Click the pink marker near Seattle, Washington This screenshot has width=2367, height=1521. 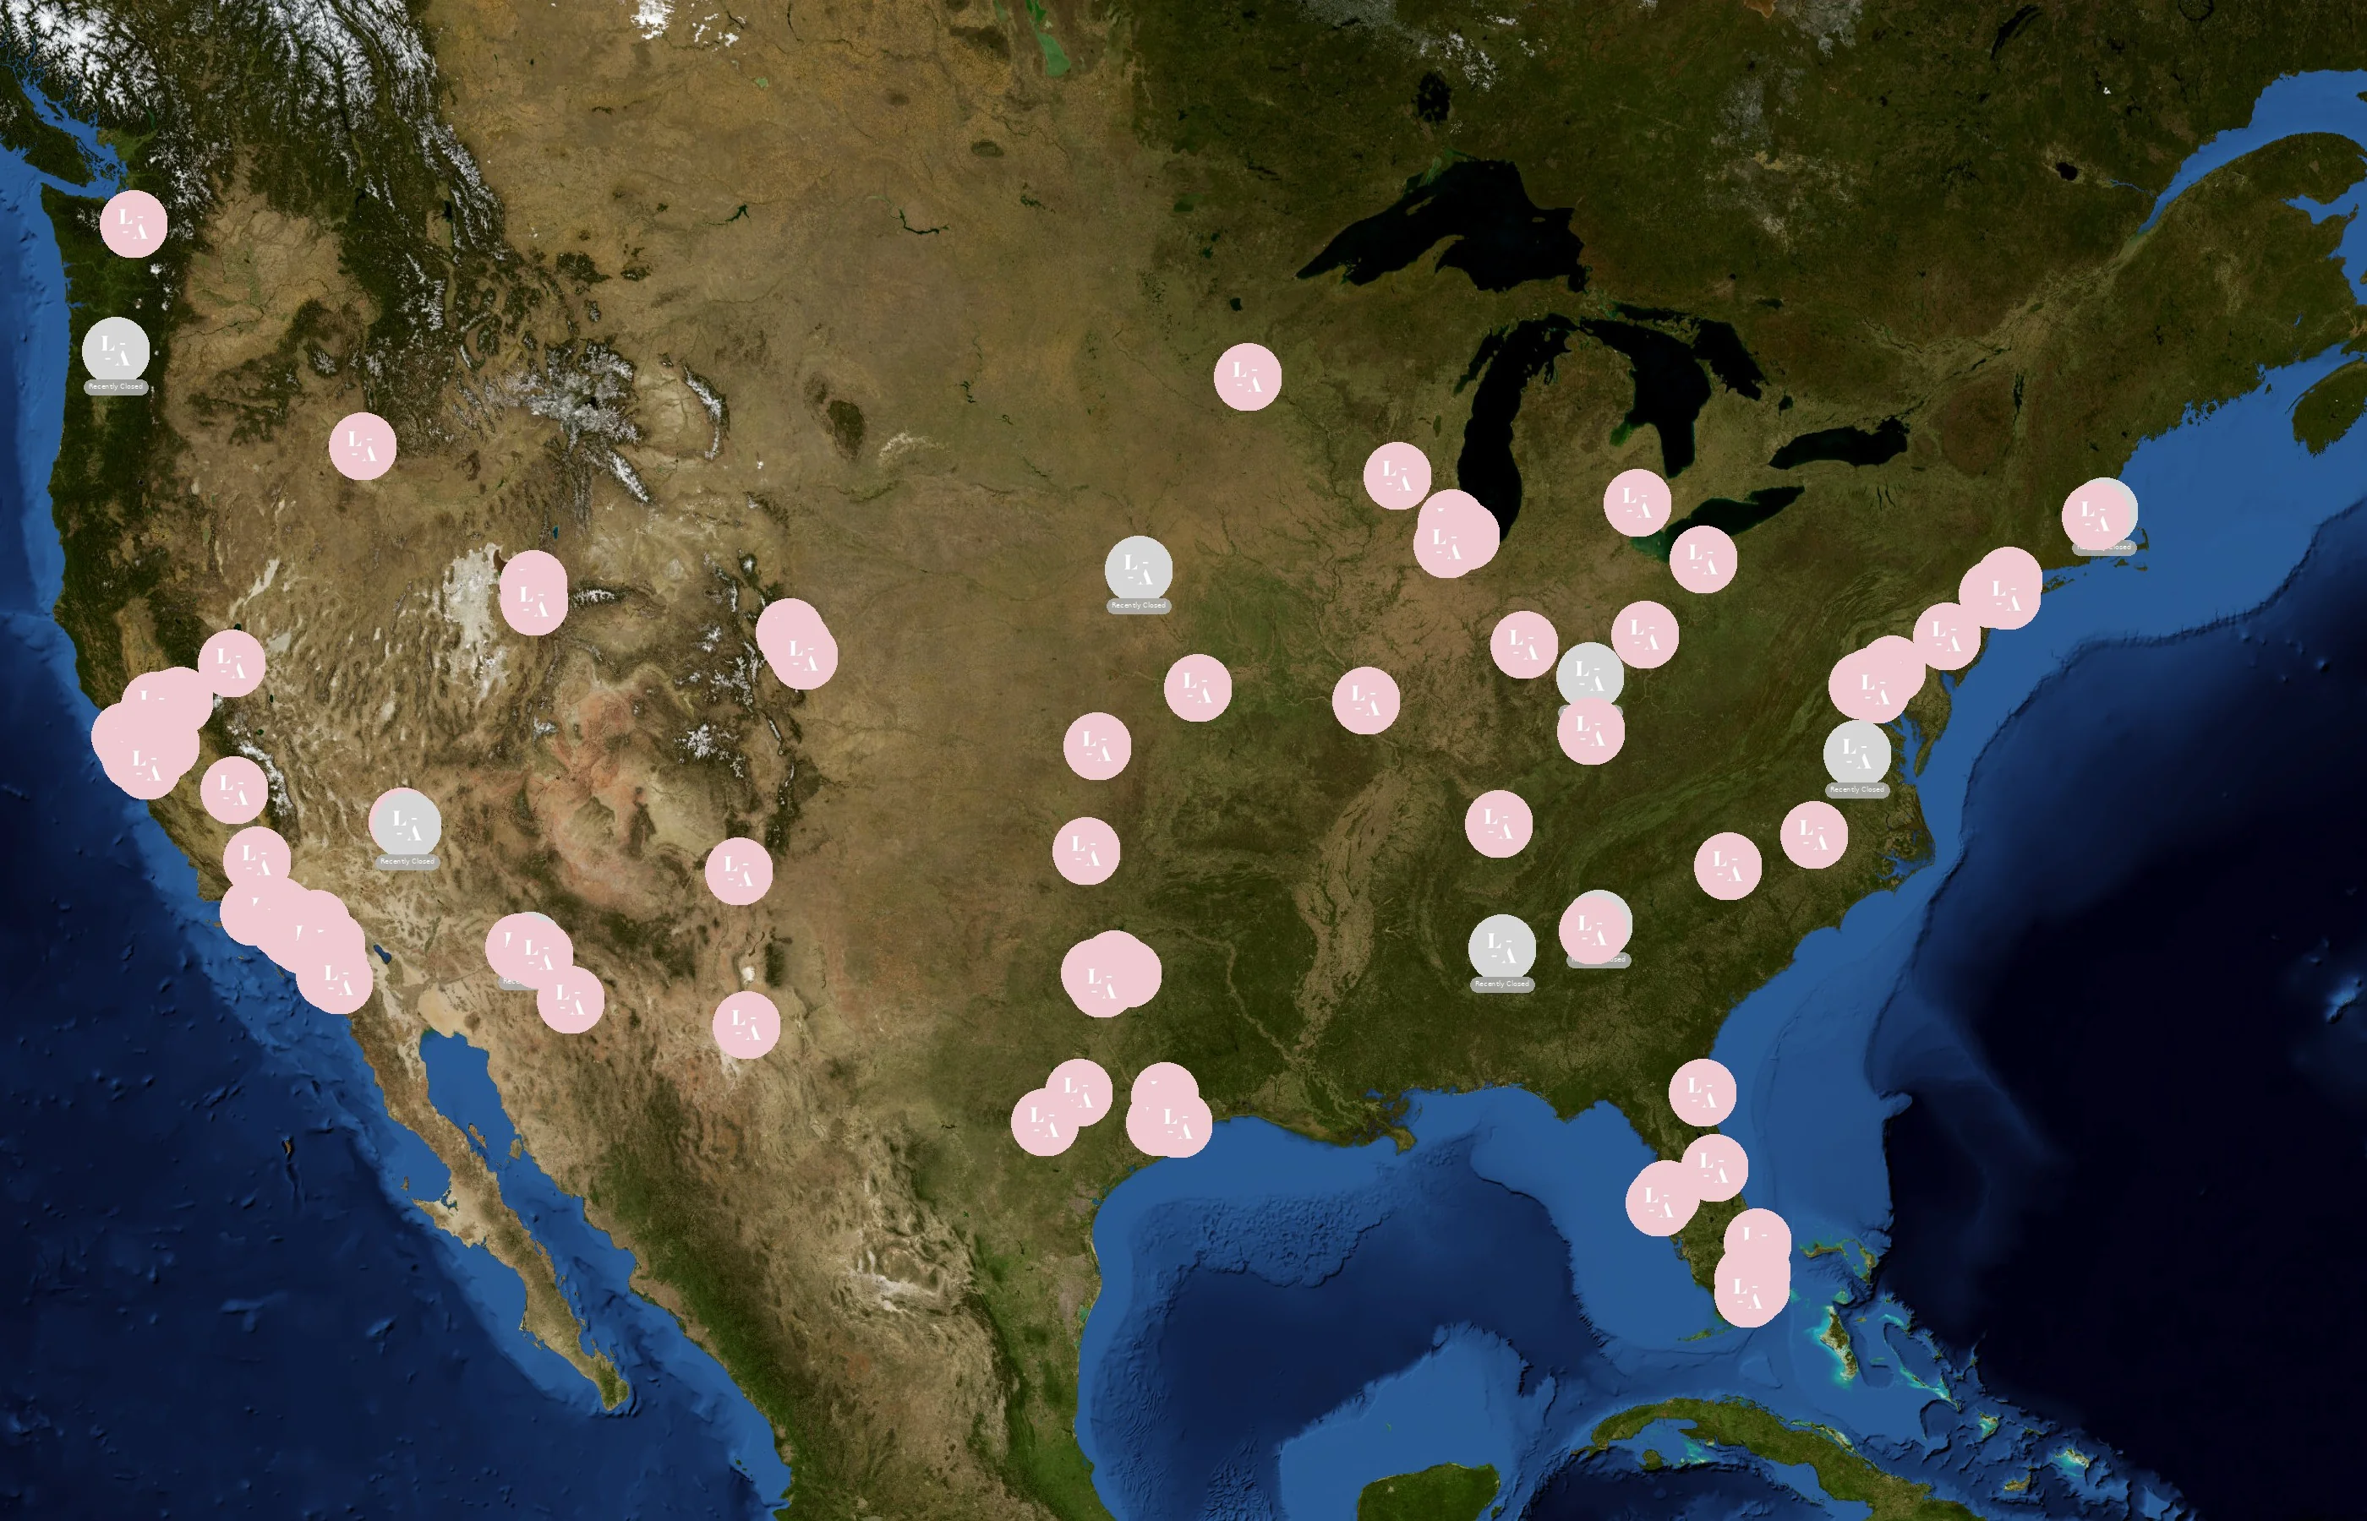coord(134,224)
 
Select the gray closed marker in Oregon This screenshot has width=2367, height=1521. coord(116,350)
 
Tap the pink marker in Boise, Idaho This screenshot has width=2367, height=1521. coord(363,446)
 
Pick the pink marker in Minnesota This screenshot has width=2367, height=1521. coord(1248,376)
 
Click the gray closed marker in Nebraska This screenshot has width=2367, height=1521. coord(1138,569)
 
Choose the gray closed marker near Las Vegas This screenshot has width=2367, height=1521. coord(406,824)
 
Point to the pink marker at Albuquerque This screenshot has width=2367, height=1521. coord(739,871)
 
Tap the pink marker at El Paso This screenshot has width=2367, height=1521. coord(746,1026)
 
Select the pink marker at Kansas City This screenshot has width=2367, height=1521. coord(1197,688)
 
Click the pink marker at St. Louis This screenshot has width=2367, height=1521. coord(1366,701)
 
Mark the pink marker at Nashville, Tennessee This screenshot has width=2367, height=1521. coord(1499,823)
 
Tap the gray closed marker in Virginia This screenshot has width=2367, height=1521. coord(1857,754)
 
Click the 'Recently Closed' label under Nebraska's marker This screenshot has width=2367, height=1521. coord(1138,605)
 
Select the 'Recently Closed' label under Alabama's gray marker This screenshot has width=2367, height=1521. coord(1501,984)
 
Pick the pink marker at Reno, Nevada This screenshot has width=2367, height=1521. coord(231,663)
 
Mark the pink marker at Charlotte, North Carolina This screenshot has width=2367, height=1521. coord(1728,866)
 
